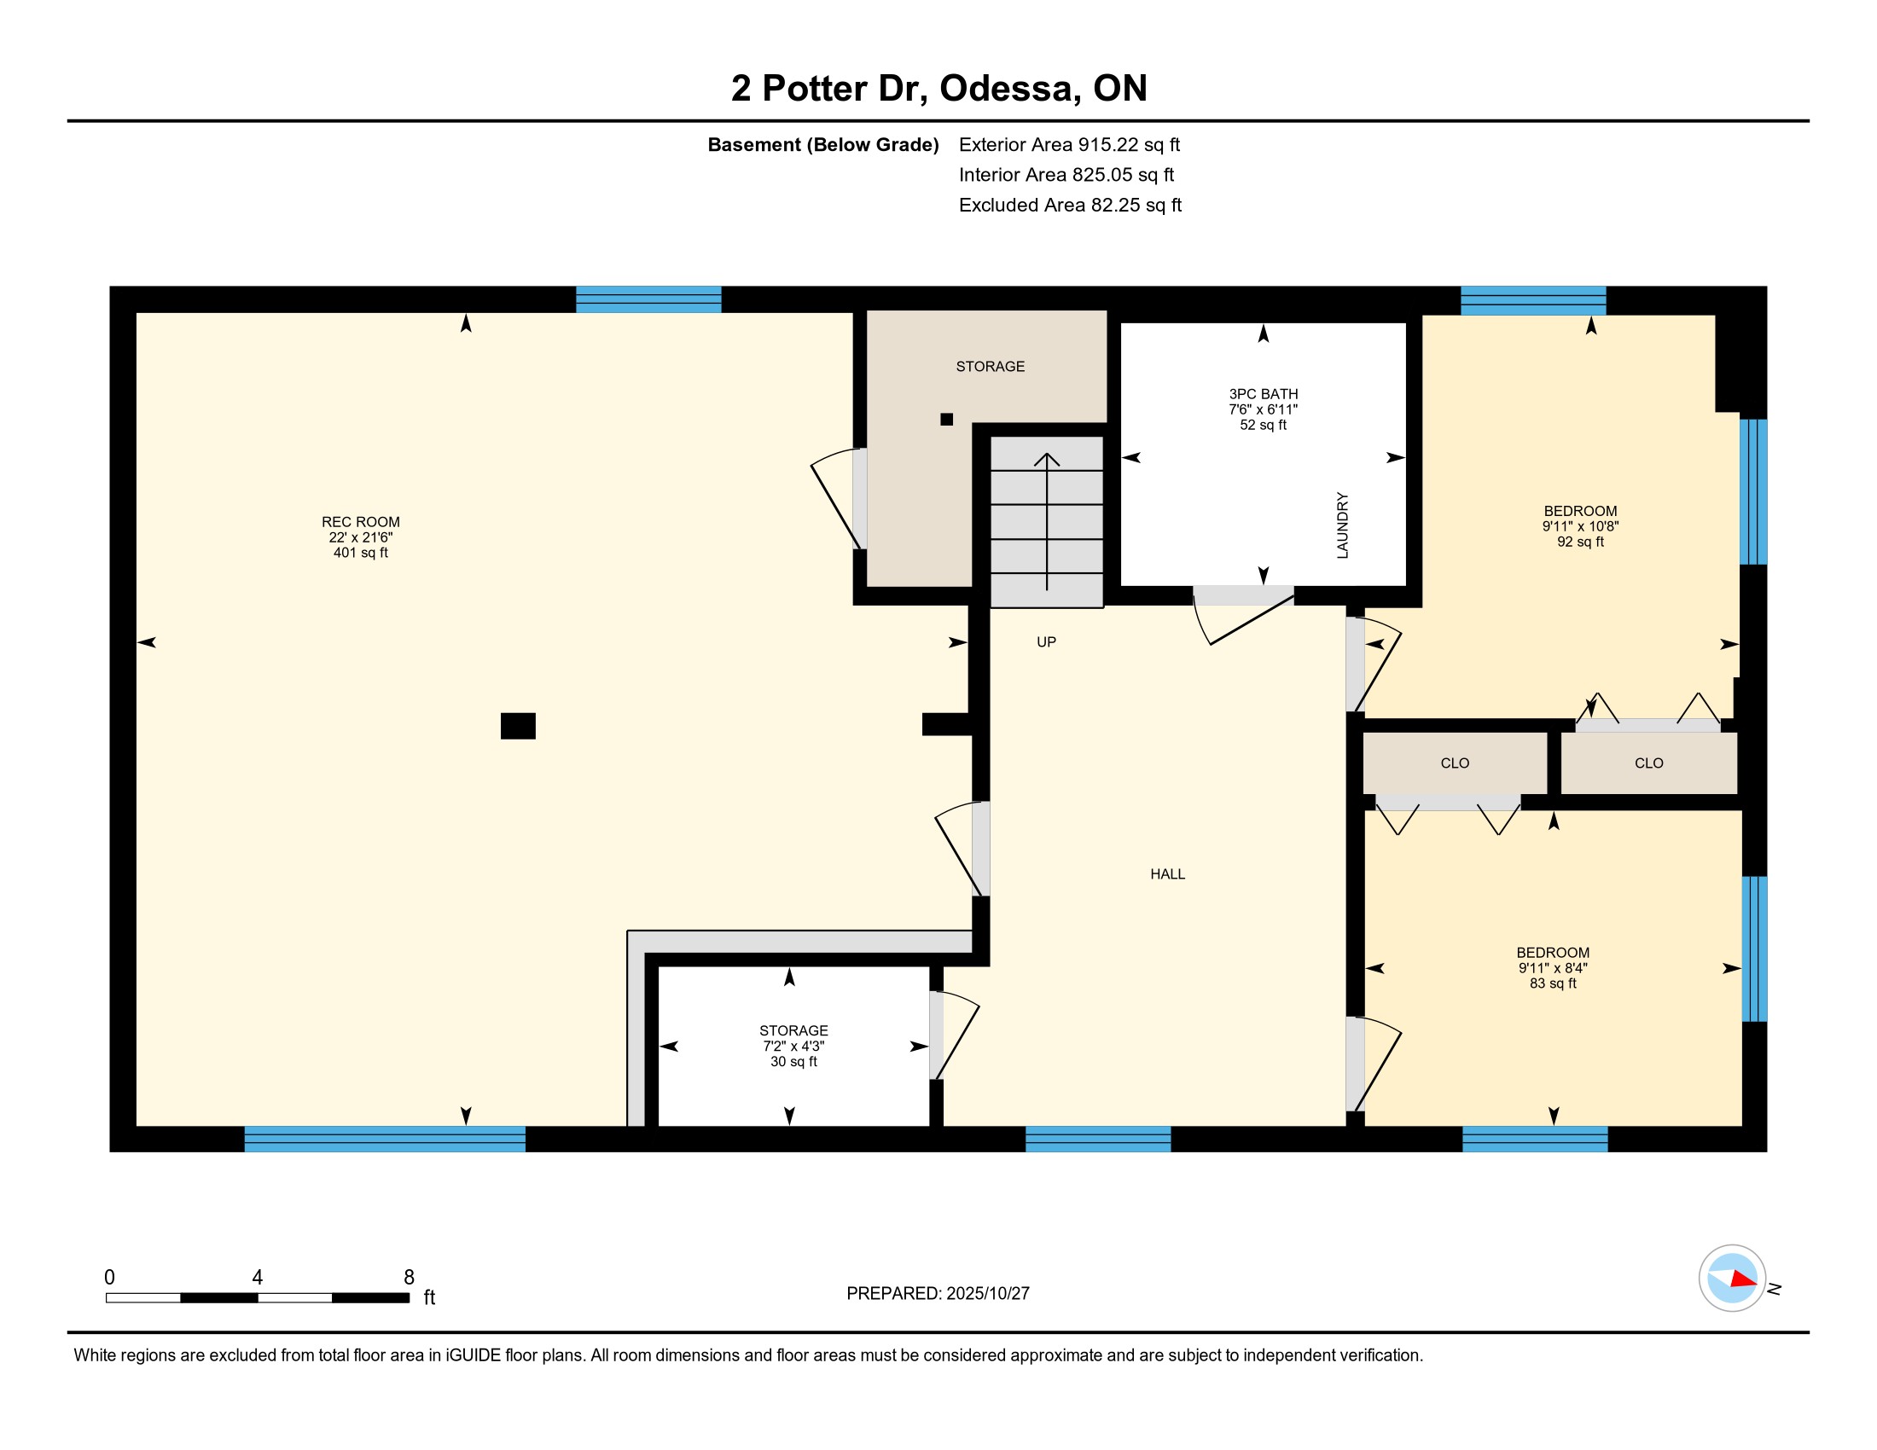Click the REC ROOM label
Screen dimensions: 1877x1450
[360, 536]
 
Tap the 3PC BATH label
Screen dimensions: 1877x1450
[1263, 409]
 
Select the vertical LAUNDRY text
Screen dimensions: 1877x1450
[1342, 525]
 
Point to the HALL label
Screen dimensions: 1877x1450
[1167, 873]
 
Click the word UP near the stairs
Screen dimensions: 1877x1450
[1046, 641]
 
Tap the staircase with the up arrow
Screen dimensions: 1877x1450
[1047, 522]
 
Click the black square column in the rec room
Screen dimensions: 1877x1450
[518, 726]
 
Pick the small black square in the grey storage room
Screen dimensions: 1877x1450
[946, 419]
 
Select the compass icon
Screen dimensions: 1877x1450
[1732, 1279]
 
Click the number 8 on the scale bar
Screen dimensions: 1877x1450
[409, 1278]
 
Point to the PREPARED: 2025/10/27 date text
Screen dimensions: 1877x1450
[938, 1294]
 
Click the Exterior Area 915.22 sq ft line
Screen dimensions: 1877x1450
[1069, 144]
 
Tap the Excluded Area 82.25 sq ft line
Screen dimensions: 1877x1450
[1070, 205]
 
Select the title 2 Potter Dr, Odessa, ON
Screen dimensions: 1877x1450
[938, 88]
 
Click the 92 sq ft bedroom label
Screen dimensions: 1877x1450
[1579, 526]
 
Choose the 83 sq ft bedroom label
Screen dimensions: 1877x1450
[1552, 968]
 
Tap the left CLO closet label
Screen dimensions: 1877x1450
[1454, 763]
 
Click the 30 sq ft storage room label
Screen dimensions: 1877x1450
[793, 1046]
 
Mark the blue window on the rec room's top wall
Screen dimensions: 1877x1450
[648, 299]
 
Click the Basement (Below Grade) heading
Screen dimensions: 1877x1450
[822, 144]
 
